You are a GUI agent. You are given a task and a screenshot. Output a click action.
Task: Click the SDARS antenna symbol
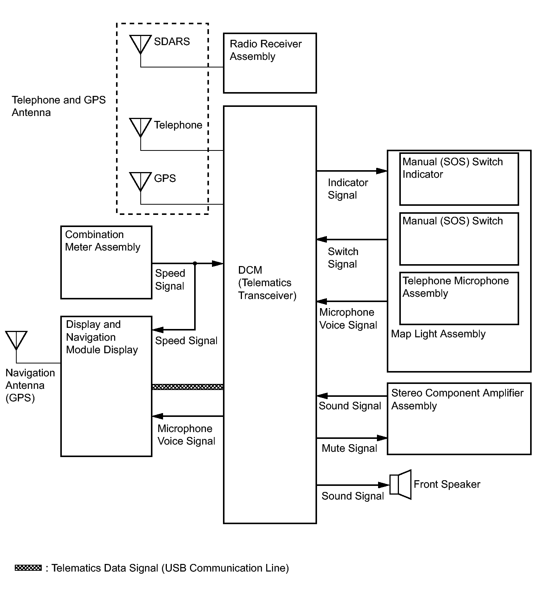pyautogui.click(x=140, y=45)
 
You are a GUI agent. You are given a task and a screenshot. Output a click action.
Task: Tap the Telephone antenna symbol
pyautogui.click(x=140, y=128)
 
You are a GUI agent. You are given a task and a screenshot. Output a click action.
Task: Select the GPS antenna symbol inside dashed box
pyautogui.click(x=140, y=182)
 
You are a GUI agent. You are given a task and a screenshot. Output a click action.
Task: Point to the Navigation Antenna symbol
pyautogui.click(x=16, y=340)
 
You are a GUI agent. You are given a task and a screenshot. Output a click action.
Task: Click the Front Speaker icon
pyautogui.click(x=400, y=484)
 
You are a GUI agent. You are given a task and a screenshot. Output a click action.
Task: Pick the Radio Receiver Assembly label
pyautogui.click(x=265, y=50)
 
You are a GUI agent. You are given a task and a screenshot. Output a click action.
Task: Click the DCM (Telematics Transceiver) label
pyautogui.click(x=267, y=283)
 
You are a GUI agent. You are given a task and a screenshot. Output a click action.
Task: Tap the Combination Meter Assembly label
pyautogui.click(x=102, y=241)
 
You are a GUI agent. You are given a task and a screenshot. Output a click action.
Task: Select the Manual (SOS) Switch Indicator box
pyautogui.click(x=459, y=179)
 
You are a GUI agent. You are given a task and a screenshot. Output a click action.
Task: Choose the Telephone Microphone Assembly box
pyautogui.click(x=459, y=298)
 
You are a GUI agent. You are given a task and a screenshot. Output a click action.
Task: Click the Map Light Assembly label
pyautogui.click(x=438, y=334)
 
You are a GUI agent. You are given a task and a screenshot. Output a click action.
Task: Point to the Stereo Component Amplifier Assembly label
pyautogui.click(x=457, y=399)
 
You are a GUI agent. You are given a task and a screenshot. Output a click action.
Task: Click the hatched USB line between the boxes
pyautogui.click(x=187, y=387)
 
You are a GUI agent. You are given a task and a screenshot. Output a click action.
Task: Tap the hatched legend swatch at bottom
pyautogui.click(x=28, y=568)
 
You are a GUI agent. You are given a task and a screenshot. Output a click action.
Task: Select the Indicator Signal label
pyautogui.click(x=348, y=189)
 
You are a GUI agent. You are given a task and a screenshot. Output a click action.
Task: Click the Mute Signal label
pyautogui.click(x=349, y=448)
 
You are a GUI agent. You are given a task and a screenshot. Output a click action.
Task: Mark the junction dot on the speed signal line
pyautogui.click(x=195, y=263)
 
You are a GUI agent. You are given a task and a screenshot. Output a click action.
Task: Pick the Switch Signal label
pyautogui.click(x=343, y=258)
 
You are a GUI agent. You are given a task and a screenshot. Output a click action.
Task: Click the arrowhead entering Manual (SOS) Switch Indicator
pyautogui.click(x=381, y=171)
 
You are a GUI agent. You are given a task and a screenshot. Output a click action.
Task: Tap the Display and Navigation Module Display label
pyautogui.click(x=102, y=337)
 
